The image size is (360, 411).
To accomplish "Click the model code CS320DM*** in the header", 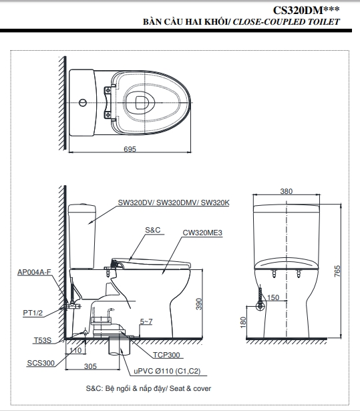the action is coord(306,10).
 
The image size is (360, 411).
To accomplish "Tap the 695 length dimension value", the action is coord(130,149).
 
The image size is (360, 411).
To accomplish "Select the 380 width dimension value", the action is coord(287,191).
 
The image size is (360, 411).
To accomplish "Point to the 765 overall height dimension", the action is coord(337,271).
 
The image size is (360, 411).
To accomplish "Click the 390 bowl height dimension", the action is coord(199,304).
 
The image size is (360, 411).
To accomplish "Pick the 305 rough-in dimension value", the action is coord(90,366).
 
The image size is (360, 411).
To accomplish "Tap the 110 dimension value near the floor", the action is coord(75,350).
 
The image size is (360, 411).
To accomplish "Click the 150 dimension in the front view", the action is coord(273,297).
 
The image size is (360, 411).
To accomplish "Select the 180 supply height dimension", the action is coord(243,322).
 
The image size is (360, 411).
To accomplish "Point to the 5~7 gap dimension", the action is coord(146,321).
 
